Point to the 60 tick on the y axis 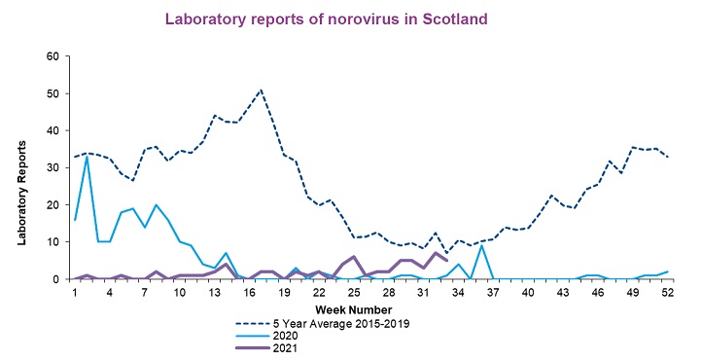[x=53, y=56]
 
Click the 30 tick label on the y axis [x=53, y=167]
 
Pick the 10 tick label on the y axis [x=53, y=242]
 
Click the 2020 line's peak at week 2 [x=88, y=157]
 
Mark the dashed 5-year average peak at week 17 [x=260, y=90]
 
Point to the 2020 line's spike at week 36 [x=481, y=245]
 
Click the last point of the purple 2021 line [x=446, y=261]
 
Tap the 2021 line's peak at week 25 [x=354, y=257]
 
